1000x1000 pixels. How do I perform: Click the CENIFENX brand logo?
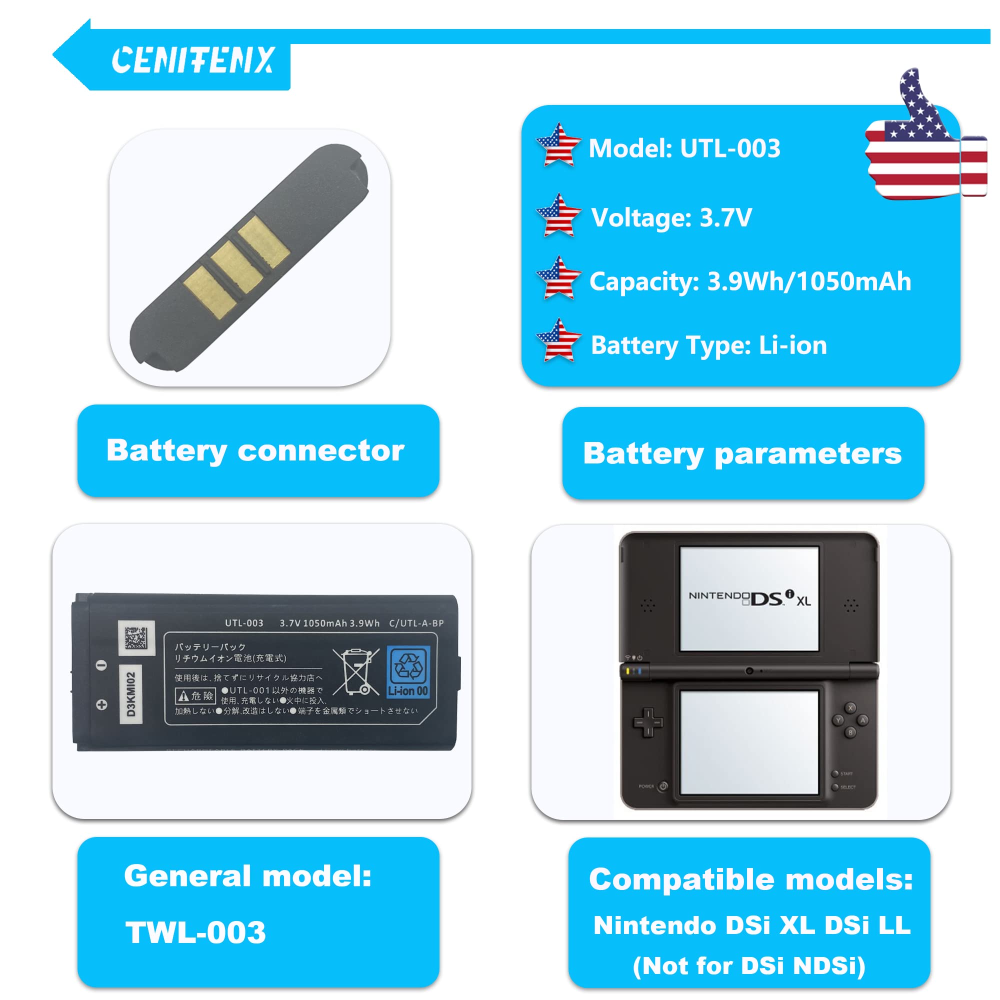[x=192, y=60]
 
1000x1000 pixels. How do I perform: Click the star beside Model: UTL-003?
[x=558, y=145]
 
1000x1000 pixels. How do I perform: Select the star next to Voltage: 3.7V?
[x=558, y=216]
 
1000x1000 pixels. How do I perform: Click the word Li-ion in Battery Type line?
[x=792, y=345]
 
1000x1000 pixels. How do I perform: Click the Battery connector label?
[x=255, y=450]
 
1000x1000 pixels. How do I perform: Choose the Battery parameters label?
[x=742, y=453]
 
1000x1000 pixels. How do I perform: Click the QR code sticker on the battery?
[x=136, y=637]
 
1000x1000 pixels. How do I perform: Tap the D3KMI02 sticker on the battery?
[x=131, y=694]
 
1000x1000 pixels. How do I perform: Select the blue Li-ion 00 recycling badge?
[x=408, y=672]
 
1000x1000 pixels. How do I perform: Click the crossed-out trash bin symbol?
[x=355, y=671]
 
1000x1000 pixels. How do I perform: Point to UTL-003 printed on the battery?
[x=244, y=623]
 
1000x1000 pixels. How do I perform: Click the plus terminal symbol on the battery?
[x=102, y=704]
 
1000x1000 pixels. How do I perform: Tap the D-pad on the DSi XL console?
[x=647, y=721]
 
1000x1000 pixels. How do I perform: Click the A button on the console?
[x=862, y=720]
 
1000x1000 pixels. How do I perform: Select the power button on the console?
[x=663, y=786]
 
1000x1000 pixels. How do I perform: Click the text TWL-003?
[x=195, y=932]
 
